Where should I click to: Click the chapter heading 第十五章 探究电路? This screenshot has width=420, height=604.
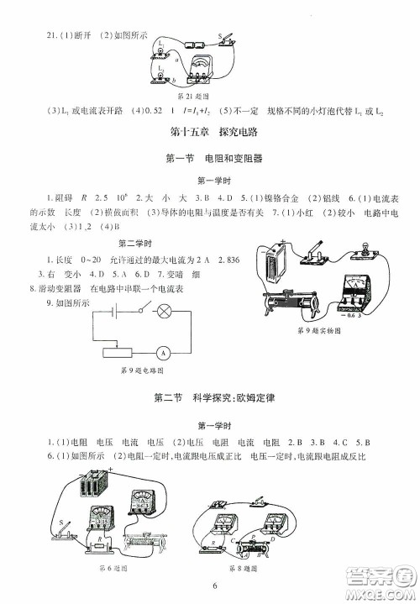click(x=209, y=132)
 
